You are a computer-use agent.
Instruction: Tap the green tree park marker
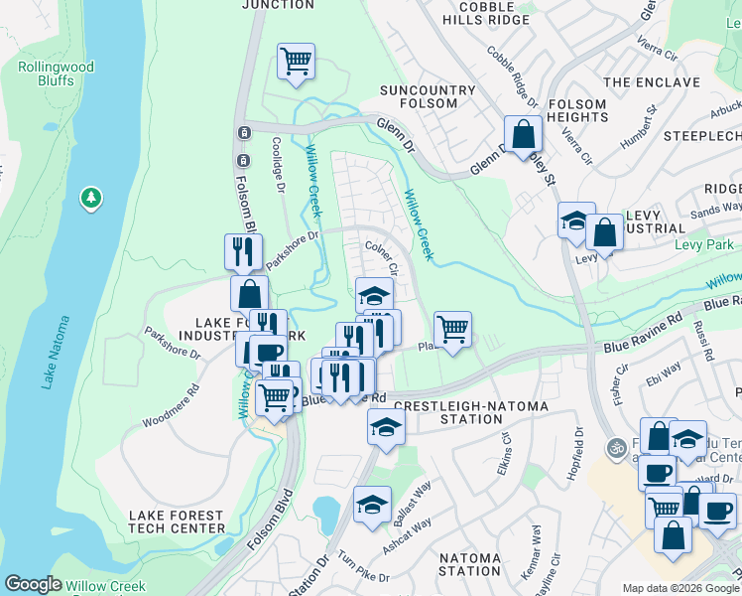91,199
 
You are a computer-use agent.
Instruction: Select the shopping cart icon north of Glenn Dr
296,62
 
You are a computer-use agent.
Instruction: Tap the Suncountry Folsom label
429,98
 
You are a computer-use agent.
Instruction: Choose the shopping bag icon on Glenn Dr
523,133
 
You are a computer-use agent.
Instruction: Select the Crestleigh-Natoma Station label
448,412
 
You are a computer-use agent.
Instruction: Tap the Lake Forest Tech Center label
177,521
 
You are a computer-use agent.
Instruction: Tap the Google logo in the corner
33,584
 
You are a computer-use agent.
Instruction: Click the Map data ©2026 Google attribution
680,588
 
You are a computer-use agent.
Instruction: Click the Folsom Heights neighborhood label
576,110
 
